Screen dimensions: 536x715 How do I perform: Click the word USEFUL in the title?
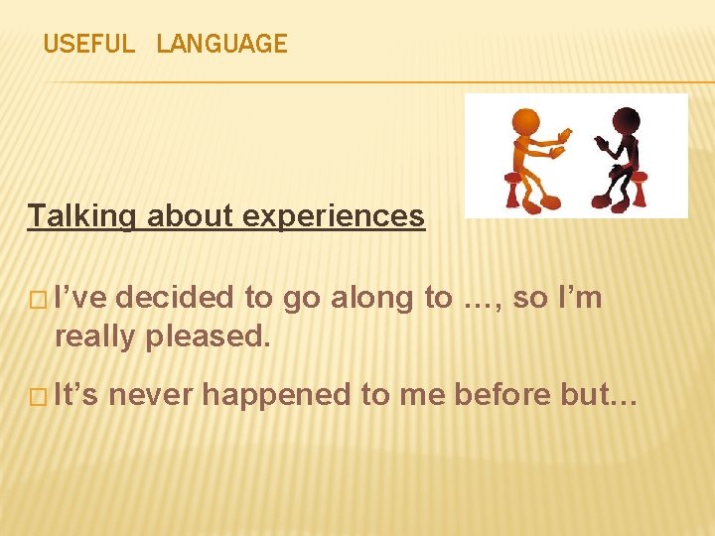tap(88, 44)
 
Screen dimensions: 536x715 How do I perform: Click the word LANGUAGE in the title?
tap(221, 44)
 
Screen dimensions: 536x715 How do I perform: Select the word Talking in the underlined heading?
tap(82, 215)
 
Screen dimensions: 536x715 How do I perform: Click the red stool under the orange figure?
tap(514, 189)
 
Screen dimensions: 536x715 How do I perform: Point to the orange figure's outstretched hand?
tap(564, 135)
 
